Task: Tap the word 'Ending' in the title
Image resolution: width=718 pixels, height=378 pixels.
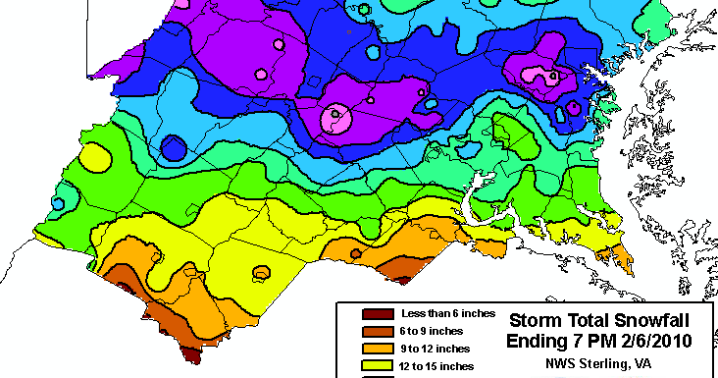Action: (540, 342)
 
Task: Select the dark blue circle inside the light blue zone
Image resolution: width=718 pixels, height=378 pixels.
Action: (174, 147)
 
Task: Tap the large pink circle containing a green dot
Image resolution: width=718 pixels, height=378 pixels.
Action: (336, 117)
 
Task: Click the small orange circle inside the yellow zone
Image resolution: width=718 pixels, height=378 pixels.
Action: (262, 272)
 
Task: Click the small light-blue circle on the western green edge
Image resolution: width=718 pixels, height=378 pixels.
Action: (58, 203)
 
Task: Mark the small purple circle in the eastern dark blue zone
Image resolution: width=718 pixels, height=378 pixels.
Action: (573, 107)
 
